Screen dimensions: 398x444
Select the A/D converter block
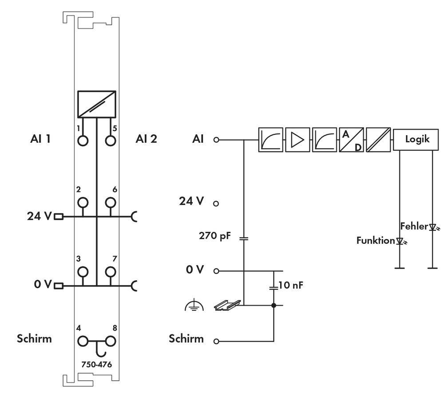click(351, 139)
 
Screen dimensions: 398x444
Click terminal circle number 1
click(83, 141)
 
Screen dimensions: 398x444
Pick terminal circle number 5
click(110, 141)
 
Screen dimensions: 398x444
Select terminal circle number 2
click(83, 203)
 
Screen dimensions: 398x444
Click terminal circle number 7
click(110, 271)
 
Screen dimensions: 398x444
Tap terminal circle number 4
click(83, 341)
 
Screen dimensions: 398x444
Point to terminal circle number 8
click(110, 341)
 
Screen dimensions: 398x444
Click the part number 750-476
click(96, 364)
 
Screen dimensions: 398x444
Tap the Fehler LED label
click(414, 226)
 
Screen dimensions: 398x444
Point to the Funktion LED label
click(375, 241)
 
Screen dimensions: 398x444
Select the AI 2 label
click(146, 139)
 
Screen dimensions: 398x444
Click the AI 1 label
click(40, 139)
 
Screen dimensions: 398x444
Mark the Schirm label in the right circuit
click(186, 339)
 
